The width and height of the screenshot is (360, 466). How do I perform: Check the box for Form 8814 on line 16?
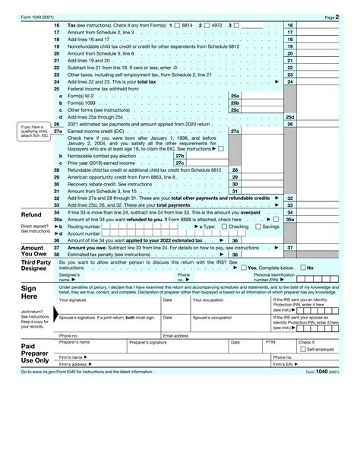(x=175, y=26)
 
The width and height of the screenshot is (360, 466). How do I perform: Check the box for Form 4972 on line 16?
(x=205, y=26)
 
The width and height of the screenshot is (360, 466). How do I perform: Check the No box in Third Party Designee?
(x=302, y=268)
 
